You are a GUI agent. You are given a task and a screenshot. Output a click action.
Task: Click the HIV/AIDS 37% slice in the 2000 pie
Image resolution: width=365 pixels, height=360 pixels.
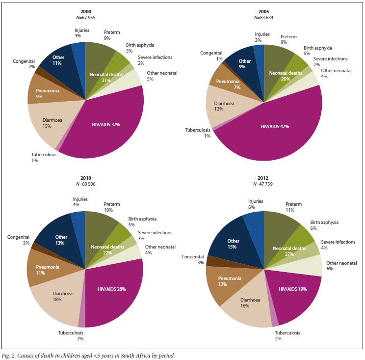pyautogui.click(x=105, y=133)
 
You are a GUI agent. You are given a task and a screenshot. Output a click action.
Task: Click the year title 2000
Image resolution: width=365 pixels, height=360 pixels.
pyautogui.click(x=85, y=12)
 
